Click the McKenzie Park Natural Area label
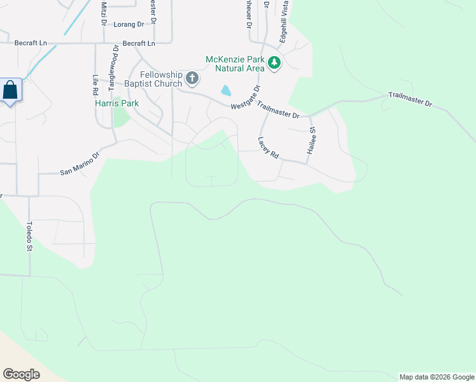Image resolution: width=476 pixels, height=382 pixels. point(234,64)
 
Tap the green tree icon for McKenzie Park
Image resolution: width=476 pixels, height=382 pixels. point(274,62)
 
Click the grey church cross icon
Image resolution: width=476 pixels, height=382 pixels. point(192,79)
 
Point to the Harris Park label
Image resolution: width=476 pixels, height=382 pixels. point(116,103)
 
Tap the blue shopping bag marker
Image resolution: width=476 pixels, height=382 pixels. point(11,90)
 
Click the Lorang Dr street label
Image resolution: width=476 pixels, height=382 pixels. point(129,24)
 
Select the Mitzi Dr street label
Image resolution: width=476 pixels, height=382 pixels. point(104,13)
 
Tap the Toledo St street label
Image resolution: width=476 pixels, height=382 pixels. point(29,236)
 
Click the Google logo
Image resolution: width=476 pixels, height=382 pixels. point(21,374)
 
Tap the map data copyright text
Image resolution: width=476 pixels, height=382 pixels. point(437,377)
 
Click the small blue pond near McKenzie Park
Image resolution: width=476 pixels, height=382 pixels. point(226,91)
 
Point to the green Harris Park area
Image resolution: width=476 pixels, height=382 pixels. point(120,117)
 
